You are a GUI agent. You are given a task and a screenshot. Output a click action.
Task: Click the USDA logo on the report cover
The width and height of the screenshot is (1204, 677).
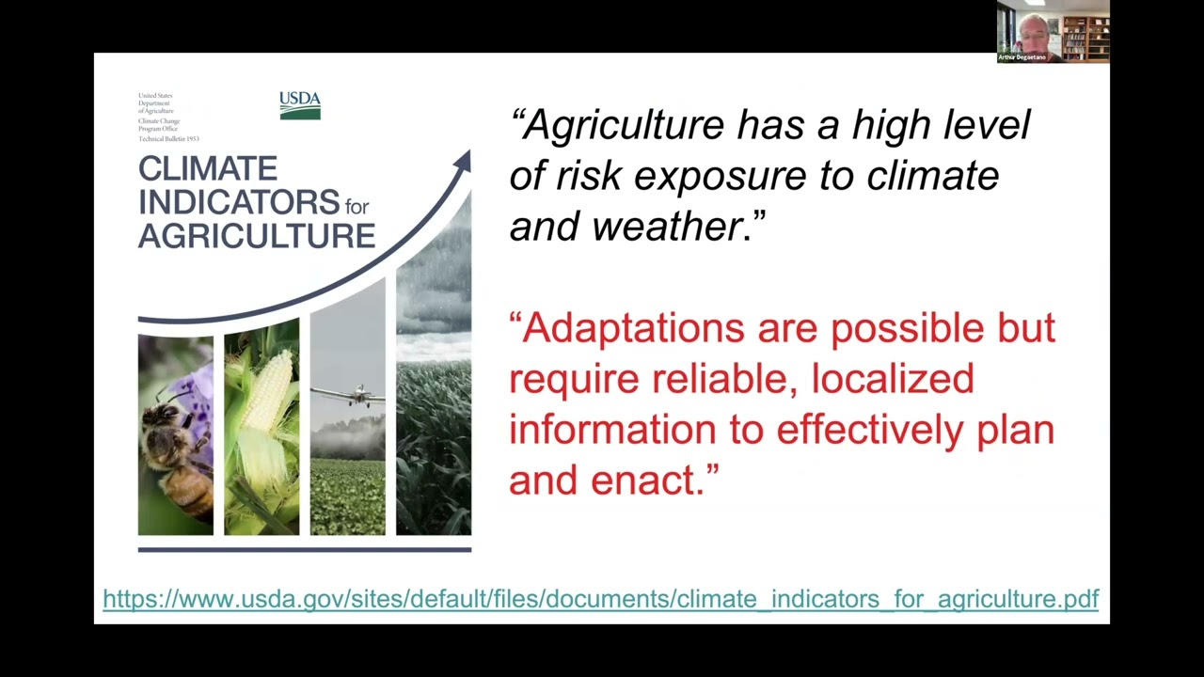[299, 104]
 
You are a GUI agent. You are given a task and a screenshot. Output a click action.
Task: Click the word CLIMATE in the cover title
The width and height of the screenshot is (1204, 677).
[207, 169]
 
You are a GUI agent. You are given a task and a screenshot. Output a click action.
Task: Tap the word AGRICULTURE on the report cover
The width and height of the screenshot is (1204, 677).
[256, 235]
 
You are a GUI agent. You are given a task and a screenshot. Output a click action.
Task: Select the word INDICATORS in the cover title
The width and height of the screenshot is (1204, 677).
[239, 202]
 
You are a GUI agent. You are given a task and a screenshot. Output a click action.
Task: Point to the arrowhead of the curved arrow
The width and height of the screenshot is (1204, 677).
[462, 162]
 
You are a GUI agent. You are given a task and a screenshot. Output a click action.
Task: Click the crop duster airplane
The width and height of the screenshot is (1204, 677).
[354, 395]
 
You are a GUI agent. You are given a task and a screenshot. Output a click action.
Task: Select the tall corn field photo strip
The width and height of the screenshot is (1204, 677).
[433, 442]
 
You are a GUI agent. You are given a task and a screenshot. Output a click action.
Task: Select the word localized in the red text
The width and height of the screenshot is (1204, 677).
[892, 379]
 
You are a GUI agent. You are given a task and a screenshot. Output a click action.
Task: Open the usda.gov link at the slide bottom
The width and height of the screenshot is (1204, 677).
[600, 599]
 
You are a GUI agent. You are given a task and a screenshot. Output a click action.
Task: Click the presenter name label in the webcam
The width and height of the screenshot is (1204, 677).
[1022, 57]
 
